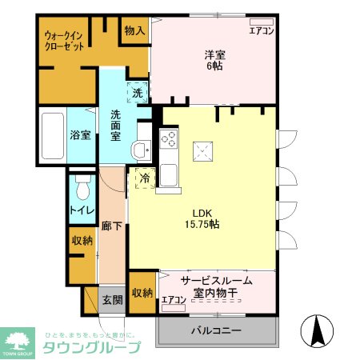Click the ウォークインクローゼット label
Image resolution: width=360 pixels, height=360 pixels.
click(x=64, y=41)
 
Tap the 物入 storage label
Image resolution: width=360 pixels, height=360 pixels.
click(x=134, y=31)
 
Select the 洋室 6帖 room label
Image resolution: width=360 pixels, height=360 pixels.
click(x=213, y=61)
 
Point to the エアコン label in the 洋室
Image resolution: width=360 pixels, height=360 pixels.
click(x=262, y=31)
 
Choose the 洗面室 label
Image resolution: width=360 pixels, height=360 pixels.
click(x=116, y=125)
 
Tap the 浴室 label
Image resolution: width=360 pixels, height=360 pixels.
click(x=79, y=135)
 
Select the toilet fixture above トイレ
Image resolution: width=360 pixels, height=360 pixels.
click(x=81, y=189)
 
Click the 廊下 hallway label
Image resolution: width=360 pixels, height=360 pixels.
click(x=112, y=226)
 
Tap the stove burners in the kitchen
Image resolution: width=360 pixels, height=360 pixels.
click(x=169, y=138)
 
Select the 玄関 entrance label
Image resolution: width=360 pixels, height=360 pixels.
click(x=111, y=300)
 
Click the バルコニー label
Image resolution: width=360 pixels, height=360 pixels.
click(x=216, y=330)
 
